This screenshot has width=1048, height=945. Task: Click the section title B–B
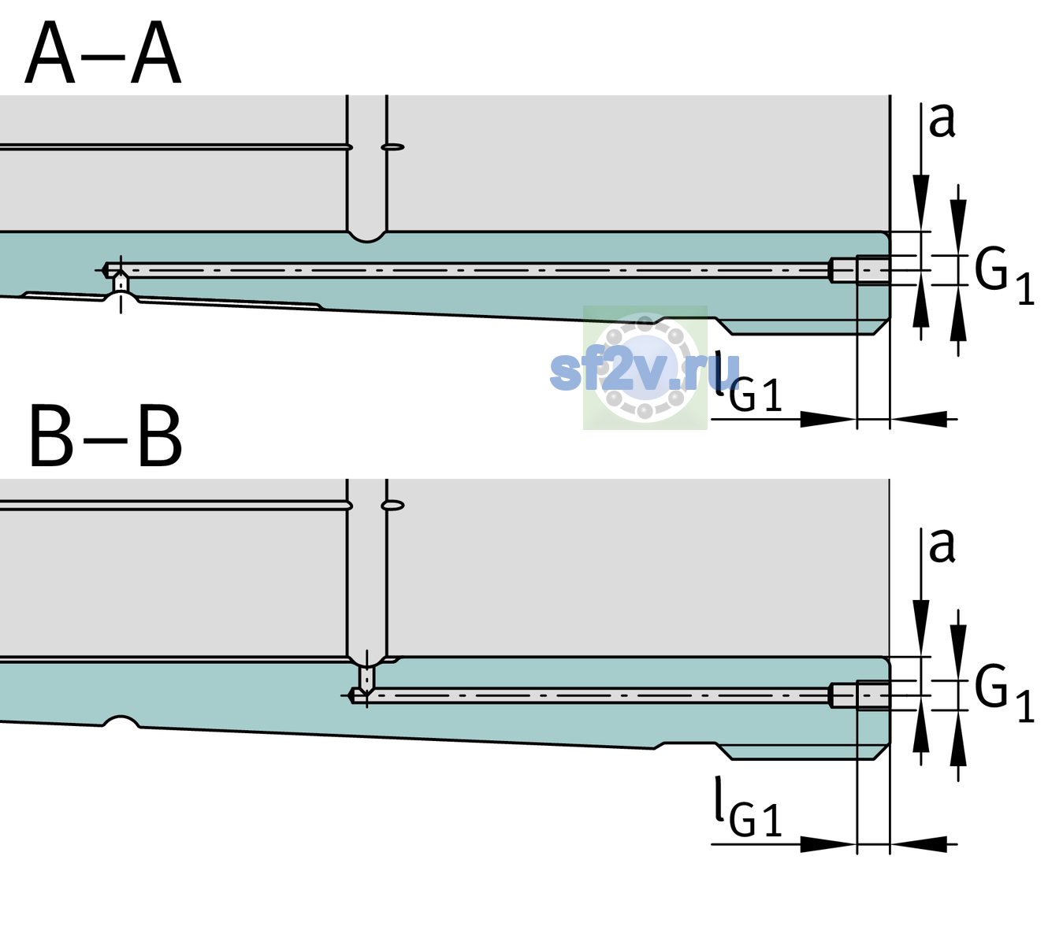(106, 436)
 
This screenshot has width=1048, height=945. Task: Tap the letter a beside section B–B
(942, 546)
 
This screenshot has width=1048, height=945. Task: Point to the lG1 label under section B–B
(748, 807)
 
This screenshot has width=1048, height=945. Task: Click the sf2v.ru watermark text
(645, 370)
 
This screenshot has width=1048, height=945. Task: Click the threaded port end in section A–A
(860, 270)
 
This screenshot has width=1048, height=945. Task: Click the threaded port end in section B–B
(860, 695)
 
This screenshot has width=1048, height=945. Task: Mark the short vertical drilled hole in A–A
(121, 283)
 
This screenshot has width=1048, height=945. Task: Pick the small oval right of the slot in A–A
(392, 147)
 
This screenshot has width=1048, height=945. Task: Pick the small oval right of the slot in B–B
(392, 506)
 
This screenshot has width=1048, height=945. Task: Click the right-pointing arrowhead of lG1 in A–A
(828, 419)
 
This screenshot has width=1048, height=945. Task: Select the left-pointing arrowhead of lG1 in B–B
(919, 844)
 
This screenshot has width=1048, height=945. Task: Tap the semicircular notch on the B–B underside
(121, 722)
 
